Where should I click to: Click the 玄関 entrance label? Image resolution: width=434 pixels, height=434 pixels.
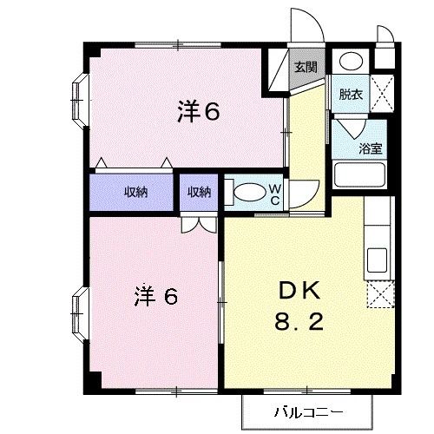coord(304,65)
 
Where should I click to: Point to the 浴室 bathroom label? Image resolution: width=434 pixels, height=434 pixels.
coord(371,148)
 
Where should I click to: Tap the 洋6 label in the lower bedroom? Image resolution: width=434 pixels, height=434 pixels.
coord(156,296)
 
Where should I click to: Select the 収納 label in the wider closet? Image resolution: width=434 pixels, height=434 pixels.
coord(135,193)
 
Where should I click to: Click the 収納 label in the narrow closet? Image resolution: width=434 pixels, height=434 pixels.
coord(199,193)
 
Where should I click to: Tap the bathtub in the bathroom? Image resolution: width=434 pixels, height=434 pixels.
coord(359,177)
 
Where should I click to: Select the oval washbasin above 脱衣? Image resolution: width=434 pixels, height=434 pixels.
coord(351,62)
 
